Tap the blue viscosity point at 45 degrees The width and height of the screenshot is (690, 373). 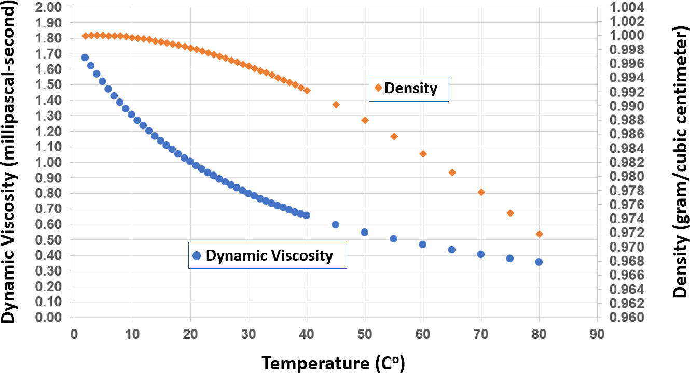pos(335,225)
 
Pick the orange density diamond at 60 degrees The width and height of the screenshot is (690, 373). pos(423,154)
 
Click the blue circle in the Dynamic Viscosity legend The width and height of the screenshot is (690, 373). pos(196,255)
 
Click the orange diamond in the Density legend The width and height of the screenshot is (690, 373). pos(376,88)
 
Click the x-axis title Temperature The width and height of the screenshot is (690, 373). pos(333,363)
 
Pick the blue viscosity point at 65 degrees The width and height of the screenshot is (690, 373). pos(451,249)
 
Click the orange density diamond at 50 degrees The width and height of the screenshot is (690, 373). pos(365,120)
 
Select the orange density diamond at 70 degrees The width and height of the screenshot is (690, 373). pos(481,192)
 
